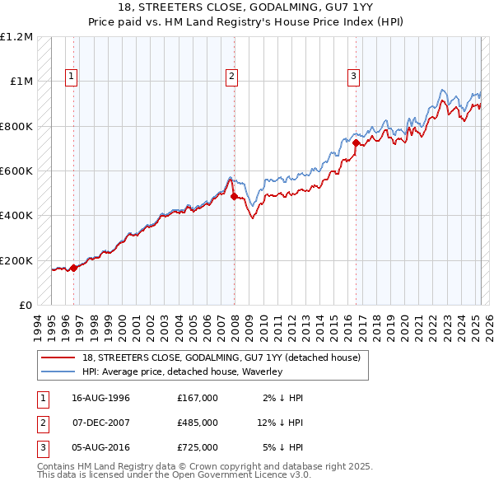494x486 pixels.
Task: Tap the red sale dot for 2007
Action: pos(234,197)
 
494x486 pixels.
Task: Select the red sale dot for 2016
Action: pos(357,143)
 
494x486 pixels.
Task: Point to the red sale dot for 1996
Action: pos(74,268)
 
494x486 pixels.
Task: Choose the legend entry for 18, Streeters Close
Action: pos(221,358)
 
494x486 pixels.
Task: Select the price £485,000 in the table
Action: pos(197,423)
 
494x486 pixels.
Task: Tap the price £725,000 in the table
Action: pos(197,447)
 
